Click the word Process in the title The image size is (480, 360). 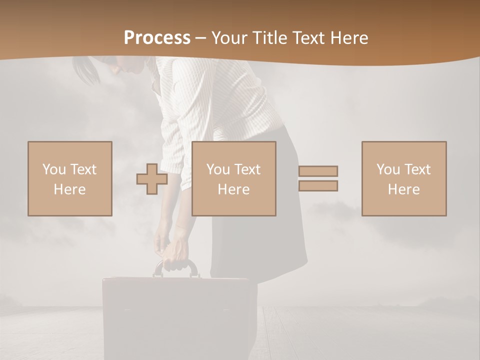pos(157,38)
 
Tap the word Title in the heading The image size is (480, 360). pos(271,38)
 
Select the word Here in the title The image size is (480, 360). pos(349,38)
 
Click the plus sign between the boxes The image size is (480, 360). pos(152,179)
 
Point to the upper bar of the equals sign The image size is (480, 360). pos(318,171)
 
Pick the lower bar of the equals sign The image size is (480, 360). pos(318,186)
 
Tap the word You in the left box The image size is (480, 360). pos(54,169)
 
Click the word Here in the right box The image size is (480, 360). pos(403,189)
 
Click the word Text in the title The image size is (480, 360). pos(309,38)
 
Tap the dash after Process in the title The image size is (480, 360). pos(200,38)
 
